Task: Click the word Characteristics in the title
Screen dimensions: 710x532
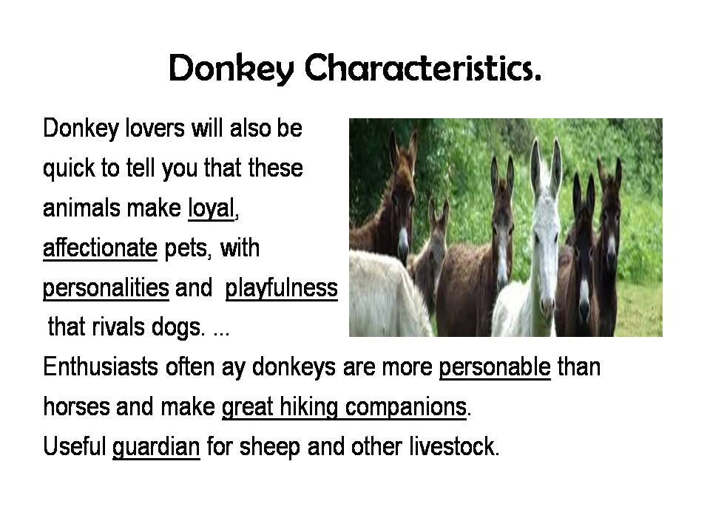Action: tap(422, 68)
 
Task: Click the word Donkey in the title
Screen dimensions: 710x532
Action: tap(231, 69)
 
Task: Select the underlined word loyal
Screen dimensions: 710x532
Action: tap(211, 208)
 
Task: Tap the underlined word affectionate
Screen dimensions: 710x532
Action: tap(100, 248)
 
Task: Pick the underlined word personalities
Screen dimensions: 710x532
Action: tap(106, 288)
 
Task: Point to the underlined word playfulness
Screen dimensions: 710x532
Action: tap(281, 288)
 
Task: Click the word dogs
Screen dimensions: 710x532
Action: tap(177, 327)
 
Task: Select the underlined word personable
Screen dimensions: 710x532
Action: tap(495, 367)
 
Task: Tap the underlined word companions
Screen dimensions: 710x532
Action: tap(406, 407)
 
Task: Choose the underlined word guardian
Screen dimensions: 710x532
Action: tap(156, 447)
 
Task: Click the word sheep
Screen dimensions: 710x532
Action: tap(270, 447)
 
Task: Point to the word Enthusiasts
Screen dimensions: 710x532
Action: tap(101, 366)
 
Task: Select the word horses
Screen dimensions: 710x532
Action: tap(76, 406)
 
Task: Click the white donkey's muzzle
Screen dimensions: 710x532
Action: tap(547, 304)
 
